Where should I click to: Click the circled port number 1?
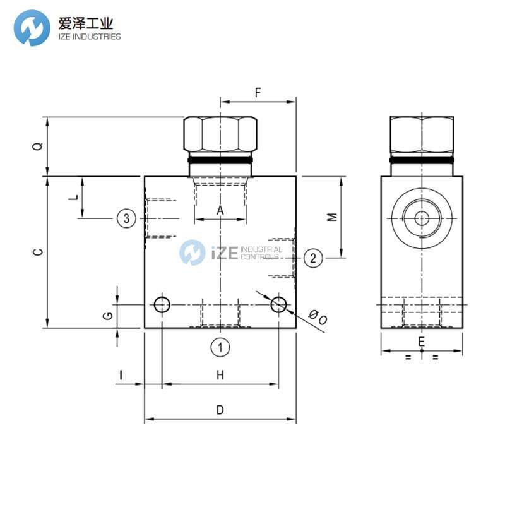click(220, 347)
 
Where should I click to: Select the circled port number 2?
click(314, 257)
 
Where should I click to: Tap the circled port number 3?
click(126, 218)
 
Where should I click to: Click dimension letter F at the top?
click(258, 93)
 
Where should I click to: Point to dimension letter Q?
click(39, 146)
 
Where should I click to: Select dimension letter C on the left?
click(39, 252)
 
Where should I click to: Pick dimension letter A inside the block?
click(220, 210)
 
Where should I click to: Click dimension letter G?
click(107, 315)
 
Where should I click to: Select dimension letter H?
click(220, 375)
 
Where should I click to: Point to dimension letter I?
click(121, 375)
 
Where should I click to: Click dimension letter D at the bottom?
click(220, 410)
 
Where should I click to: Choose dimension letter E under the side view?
click(422, 342)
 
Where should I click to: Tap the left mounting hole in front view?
click(162, 306)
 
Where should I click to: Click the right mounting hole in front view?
click(278, 306)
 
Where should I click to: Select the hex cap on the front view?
click(220, 134)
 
